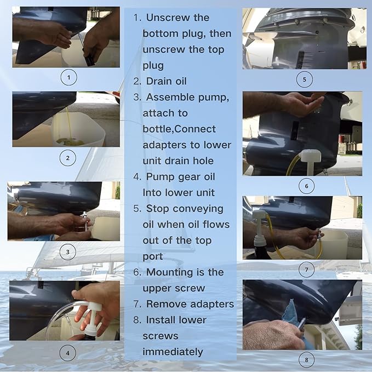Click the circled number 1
click(x=69, y=77)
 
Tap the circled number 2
click(x=68, y=158)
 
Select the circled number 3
click(x=68, y=251)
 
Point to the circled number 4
click(x=68, y=353)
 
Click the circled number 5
click(x=305, y=79)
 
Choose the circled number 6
click(x=306, y=186)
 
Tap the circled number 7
click(x=306, y=270)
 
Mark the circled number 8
click(x=306, y=359)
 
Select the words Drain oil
click(x=167, y=81)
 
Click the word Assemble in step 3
click(x=170, y=97)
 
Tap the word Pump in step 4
click(x=158, y=177)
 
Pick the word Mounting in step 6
click(x=170, y=272)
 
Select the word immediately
click(x=173, y=352)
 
